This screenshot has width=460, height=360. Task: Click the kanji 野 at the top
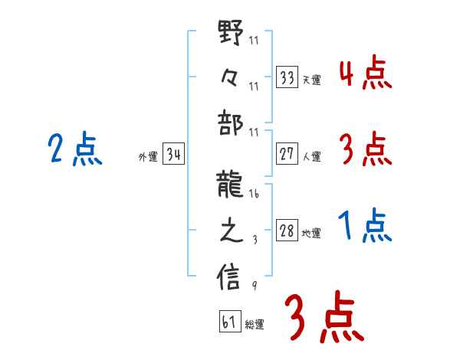point(231,32)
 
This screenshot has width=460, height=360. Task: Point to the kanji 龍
point(231,183)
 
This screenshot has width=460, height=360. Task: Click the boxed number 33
point(287,77)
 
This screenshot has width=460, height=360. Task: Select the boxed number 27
point(287,155)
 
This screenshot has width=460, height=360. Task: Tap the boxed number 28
point(287,231)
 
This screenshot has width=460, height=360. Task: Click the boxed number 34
point(173,155)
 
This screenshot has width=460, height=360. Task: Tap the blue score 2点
point(74,149)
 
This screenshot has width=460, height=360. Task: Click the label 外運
point(147,157)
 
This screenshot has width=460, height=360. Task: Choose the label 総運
point(255,324)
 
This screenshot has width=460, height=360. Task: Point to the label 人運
point(311,157)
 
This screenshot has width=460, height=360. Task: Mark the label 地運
point(311,234)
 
